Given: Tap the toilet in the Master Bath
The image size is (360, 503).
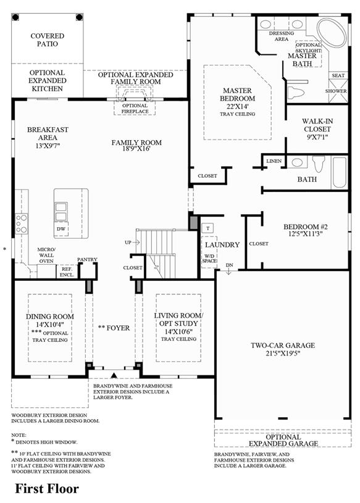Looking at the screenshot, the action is pos(295,93).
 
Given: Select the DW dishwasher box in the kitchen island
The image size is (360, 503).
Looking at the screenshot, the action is pos(61,229).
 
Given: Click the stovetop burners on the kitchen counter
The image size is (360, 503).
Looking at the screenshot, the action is pos(22,223).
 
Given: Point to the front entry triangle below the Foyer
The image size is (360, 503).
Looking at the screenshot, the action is pos(114,375).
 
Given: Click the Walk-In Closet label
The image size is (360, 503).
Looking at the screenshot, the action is pos(317,125).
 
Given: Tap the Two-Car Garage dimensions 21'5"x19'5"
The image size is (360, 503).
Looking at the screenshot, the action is pos(283,354).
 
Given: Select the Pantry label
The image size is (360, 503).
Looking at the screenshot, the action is pos(87,259).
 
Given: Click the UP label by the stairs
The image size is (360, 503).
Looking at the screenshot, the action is pos(128,243).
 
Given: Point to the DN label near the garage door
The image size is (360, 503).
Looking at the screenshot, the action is pos(230,265).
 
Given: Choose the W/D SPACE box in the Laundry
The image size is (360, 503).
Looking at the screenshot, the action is pos(209,259).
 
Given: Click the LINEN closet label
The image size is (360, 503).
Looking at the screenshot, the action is pos(274,161).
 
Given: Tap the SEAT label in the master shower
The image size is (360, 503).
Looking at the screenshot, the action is pos(338,75).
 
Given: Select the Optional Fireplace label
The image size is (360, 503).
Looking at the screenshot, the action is pos(135,109).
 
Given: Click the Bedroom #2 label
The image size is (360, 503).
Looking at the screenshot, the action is pos(306,227).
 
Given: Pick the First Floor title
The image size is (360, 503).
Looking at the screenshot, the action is pos(47,489).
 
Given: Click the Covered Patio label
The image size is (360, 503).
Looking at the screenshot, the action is pos(48,40).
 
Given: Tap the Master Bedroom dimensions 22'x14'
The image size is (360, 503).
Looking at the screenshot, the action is pos(238,107).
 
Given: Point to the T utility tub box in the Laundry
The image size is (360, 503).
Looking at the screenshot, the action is pos(208,228).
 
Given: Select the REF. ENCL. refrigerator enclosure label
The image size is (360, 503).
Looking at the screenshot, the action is pos(67,272).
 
